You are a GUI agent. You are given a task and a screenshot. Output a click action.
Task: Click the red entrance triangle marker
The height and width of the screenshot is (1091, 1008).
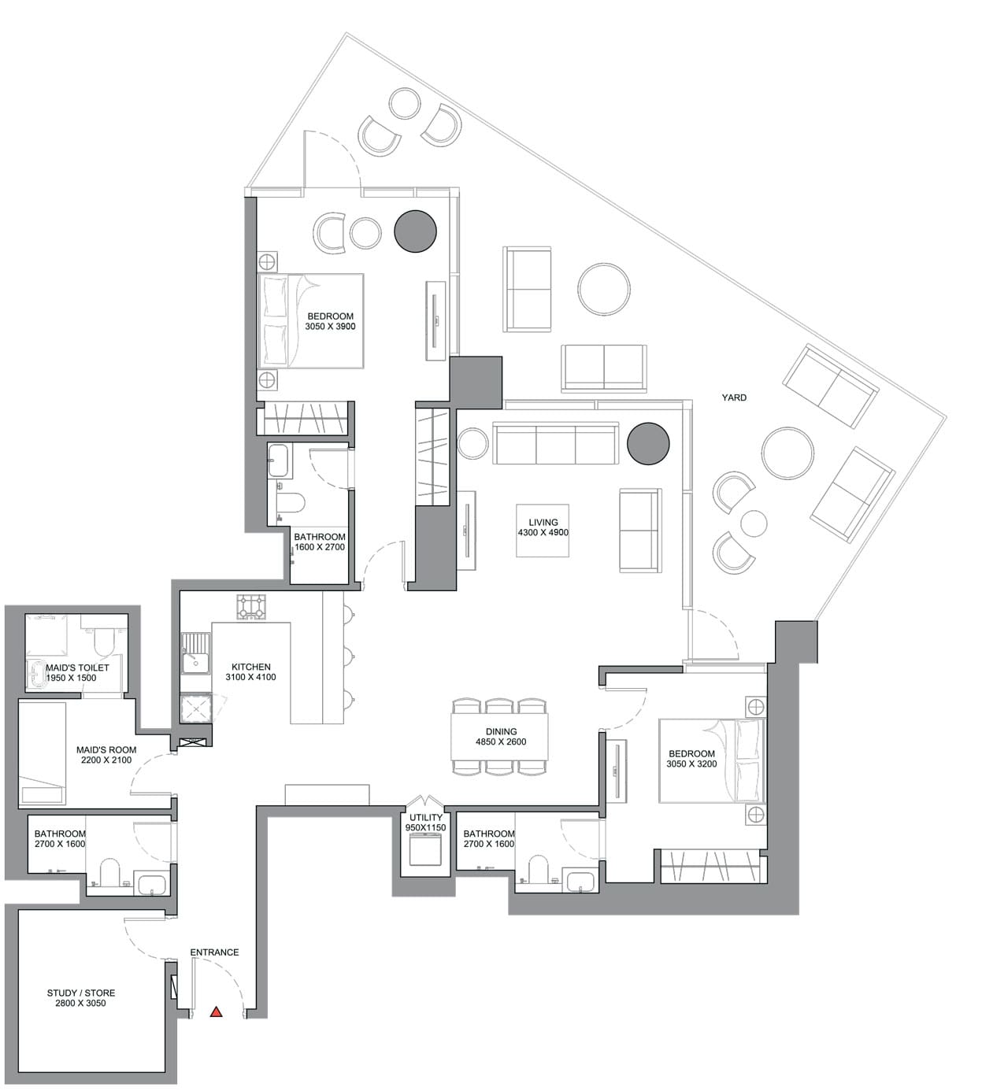pyautogui.click(x=216, y=1012)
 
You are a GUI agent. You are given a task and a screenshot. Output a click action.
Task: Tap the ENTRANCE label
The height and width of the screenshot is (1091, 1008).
pyautogui.click(x=214, y=952)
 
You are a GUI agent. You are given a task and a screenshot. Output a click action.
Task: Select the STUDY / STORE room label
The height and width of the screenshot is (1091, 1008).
pyautogui.click(x=80, y=998)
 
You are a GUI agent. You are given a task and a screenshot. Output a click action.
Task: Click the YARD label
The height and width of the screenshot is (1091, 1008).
pyautogui.click(x=734, y=398)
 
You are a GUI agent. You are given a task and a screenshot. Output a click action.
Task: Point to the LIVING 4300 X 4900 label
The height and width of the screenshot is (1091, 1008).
pyautogui.click(x=543, y=527)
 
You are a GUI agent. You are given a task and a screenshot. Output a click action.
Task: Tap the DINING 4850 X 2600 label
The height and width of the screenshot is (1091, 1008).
pyautogui.click(x=501, y=737)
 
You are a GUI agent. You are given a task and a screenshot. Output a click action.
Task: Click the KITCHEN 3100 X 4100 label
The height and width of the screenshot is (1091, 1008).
pyautogui.click(x=250, y=672)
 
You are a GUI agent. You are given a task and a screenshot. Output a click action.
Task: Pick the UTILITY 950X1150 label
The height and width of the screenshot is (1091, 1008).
pyautogui.click(x=425, y=823)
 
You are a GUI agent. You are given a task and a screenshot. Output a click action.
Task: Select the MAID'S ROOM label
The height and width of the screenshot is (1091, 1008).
pyautogui.click(x=106, y=755)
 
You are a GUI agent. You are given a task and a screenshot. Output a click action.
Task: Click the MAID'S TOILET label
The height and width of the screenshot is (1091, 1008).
pyautogui.click(x=76, y=672)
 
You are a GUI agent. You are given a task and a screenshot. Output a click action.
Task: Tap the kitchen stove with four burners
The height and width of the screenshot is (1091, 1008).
pyautogui.click(x=252, y=607)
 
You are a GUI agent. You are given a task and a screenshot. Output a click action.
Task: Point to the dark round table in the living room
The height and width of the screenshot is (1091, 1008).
pyautogui.click(x=648, y=444)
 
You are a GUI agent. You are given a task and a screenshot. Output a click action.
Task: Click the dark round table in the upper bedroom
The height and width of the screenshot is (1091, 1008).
pyautogui.click(x=415, y=231)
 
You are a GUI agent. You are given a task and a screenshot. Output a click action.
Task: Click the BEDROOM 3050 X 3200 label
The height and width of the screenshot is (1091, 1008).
pyautogui.click(x=691, y=759)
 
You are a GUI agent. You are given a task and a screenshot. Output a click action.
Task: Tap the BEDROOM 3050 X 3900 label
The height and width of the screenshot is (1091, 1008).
pyautogui.click(x=330, y=321)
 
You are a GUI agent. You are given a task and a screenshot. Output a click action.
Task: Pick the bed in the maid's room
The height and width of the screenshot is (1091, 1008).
pyautogui.click(x=43, y=753)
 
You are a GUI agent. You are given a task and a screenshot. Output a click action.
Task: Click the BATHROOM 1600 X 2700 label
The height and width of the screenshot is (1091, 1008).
pyautogui.click(x=319, y=542)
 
